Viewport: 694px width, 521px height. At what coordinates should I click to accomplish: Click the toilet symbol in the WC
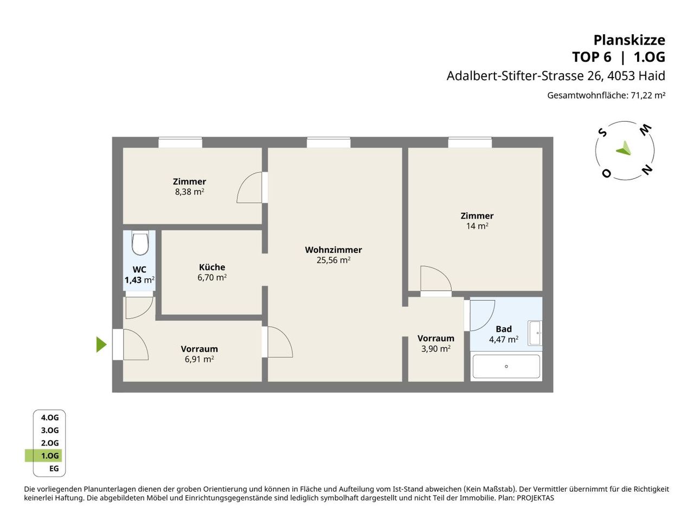click(140, 243)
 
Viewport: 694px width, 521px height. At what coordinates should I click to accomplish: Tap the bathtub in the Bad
click(506, 366)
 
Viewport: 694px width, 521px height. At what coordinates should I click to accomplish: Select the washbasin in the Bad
click(535, 333)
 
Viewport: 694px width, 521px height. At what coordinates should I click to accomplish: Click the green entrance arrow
click(101, 344)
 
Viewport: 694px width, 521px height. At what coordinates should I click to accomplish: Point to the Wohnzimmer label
click(333, 250)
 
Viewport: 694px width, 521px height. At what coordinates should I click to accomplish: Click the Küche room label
click(212, 267)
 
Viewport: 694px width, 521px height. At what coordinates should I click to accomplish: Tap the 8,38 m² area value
click(189, 192)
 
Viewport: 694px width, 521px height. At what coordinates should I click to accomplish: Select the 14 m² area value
click(477, 226)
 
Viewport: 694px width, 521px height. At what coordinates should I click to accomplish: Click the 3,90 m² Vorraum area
click(436, 348)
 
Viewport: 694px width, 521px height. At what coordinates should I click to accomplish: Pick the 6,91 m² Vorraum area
click(199, 359)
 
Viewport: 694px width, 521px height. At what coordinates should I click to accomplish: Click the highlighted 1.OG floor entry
click(50, 455)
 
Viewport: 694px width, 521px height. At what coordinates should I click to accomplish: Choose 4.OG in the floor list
click(50, 417)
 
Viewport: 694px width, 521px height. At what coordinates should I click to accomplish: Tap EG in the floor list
click(54, 468)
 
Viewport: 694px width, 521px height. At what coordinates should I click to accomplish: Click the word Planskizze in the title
click(629, 40)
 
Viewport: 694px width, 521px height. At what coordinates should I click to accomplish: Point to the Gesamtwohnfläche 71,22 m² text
click(606, 95)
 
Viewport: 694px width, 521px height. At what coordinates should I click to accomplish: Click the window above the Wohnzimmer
click(329, 142)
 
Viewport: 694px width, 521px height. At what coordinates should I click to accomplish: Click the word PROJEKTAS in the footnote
click(535, 498)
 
